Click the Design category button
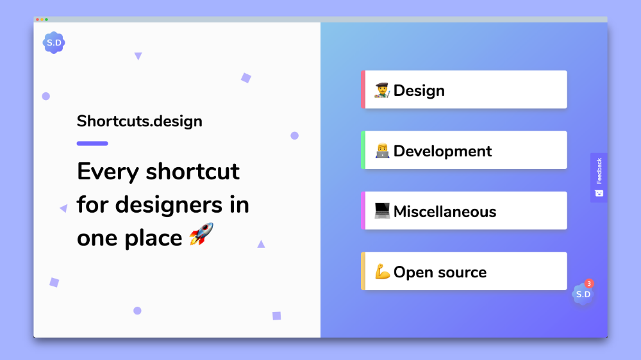tap(464, 90)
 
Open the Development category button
tap(464, 151)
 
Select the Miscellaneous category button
tap(464, 211)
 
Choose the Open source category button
tap(464, 272)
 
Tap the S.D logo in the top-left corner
tap(54, 43)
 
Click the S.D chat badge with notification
tap(582, 295)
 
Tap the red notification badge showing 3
tap(589, 283)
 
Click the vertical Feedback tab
tap(599, 177)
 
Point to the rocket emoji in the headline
tap(201, 234)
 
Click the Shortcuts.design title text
tap(139, 121)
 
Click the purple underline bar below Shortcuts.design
tap(92, 143)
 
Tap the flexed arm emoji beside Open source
tap(382, 272)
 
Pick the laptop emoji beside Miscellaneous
tap(382, 211)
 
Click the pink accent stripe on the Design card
tap(363, 90)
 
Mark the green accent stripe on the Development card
tap(363, 151)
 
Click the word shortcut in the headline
tap(192, 172)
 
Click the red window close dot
tap(37, 20)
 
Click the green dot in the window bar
tap(46, 20)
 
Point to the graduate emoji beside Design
tap(382, 90)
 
